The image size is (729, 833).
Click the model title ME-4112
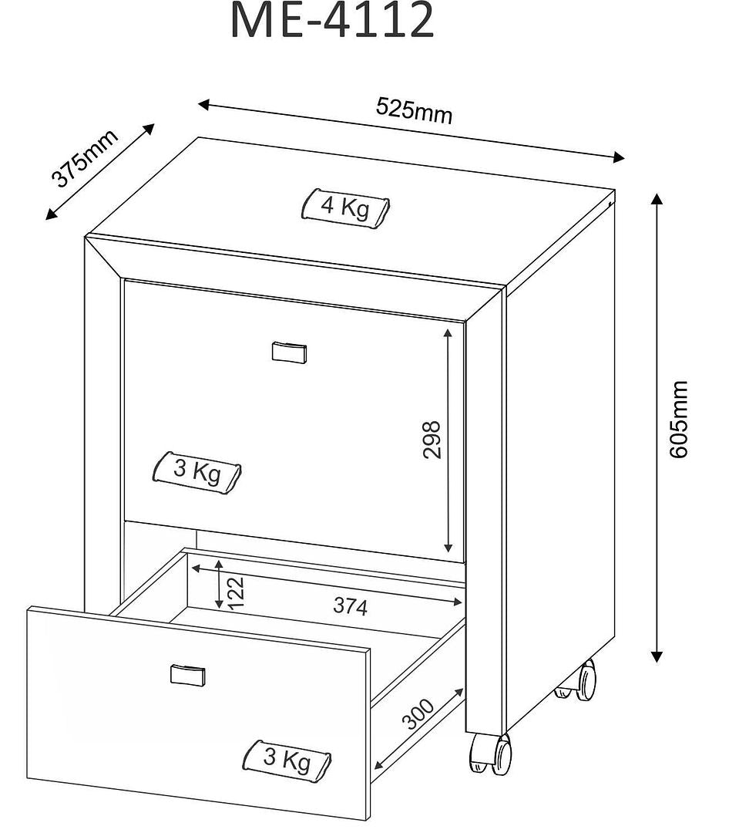(332, 21)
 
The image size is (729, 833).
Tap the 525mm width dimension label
(414, 110)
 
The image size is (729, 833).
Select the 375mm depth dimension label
(85, 158)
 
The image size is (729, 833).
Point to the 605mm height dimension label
(678, 419)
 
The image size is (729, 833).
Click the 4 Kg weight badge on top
(346, 207)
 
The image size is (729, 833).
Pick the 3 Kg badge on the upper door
(197, 472)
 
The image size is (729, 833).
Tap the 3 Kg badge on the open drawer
(287, 760)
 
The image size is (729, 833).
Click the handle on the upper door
(290, 352)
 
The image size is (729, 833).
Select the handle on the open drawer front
(188, 675)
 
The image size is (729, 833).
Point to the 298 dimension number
(432, 440)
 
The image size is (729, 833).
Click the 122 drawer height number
(236, 593)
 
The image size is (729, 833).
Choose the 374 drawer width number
(351, 606)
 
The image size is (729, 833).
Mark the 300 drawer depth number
(418, 714)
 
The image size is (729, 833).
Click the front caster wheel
(490, 754)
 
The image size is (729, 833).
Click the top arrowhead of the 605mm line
(657, 199)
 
